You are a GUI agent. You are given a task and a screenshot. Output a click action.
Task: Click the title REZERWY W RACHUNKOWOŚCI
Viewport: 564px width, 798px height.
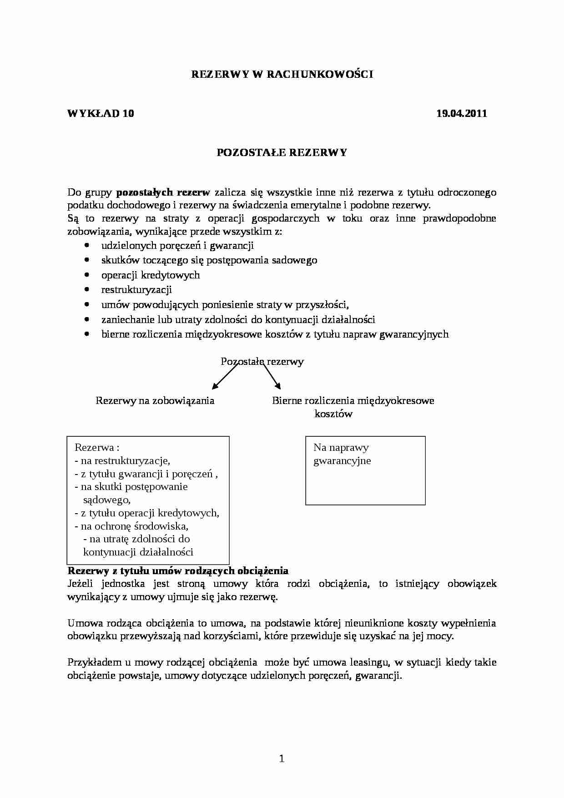[282, 75]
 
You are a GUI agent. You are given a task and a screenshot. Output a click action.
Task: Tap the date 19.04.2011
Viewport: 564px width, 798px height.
[461, 114]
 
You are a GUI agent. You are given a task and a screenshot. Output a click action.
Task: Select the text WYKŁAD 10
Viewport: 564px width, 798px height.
[101, 114]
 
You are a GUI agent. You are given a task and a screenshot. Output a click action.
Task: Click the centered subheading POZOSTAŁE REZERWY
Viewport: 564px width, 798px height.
[282, 153]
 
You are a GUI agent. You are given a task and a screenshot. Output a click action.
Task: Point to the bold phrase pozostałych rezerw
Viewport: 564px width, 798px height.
[163, 192]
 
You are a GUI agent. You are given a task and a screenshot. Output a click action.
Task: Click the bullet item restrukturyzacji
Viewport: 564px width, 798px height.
[136, 290]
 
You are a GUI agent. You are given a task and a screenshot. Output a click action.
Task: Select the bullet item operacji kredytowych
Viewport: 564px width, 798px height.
[151, 275]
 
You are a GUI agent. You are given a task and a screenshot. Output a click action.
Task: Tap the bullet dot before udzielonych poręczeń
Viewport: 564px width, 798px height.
[87, 245]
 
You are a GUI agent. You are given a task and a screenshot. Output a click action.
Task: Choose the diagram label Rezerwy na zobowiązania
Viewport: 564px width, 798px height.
[155, 401]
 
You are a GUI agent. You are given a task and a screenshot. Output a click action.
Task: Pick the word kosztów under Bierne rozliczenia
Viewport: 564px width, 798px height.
[333, 414]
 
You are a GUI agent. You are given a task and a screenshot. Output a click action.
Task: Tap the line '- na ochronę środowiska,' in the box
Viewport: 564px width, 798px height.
[131, 526]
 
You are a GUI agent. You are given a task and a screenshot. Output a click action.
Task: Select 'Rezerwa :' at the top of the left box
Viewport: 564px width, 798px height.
[97, 448]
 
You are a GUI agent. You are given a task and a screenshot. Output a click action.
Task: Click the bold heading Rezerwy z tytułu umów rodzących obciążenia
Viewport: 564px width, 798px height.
[178, 571]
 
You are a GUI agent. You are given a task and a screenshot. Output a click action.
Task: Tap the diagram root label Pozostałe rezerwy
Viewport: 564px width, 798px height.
[262, 362]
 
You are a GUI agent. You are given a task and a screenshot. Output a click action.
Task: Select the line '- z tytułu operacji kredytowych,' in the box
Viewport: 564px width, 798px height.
[147, 513]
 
